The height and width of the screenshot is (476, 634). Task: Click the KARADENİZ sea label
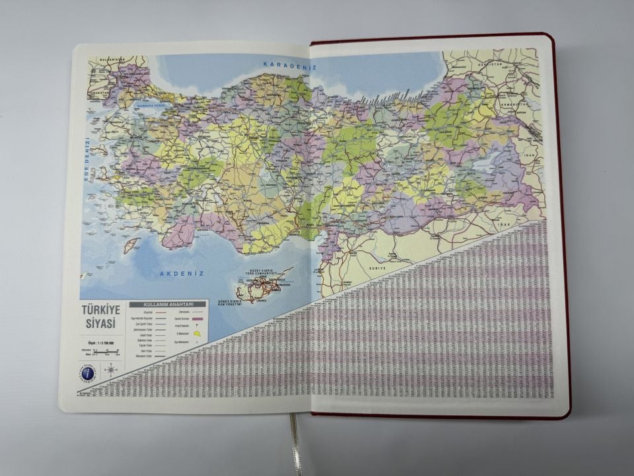click(289, 66)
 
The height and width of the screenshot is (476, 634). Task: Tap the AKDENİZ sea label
click(180, 273)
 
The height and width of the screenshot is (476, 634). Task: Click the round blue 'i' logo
click(87, 373)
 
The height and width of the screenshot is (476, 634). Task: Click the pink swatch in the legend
click(199, 319)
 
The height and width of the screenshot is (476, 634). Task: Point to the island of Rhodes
click(132, 245)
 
